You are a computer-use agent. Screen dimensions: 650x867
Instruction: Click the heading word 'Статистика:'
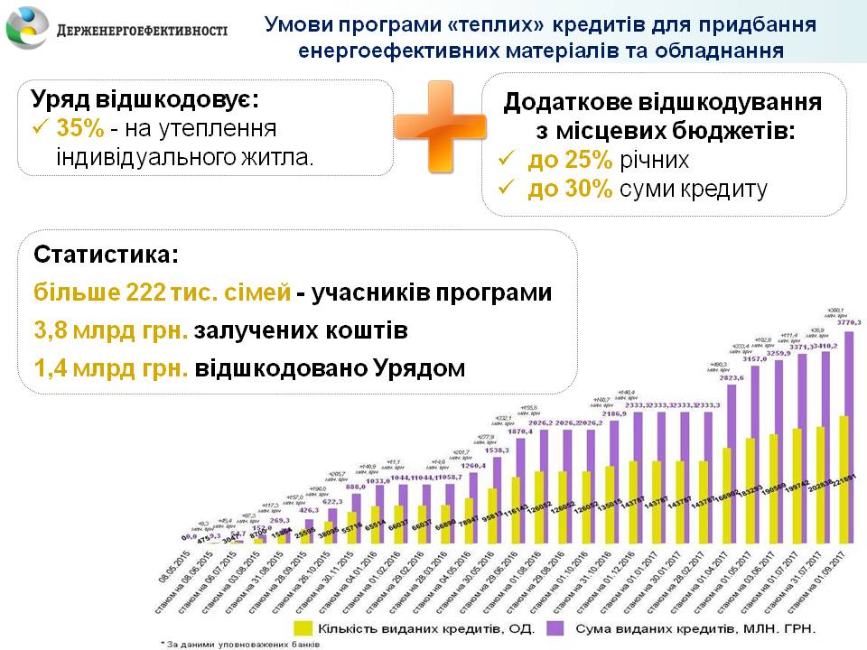[107, 255]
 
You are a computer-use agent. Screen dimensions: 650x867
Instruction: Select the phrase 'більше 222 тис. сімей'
[163, 293]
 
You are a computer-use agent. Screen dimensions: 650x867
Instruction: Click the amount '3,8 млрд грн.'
[111, 331]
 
